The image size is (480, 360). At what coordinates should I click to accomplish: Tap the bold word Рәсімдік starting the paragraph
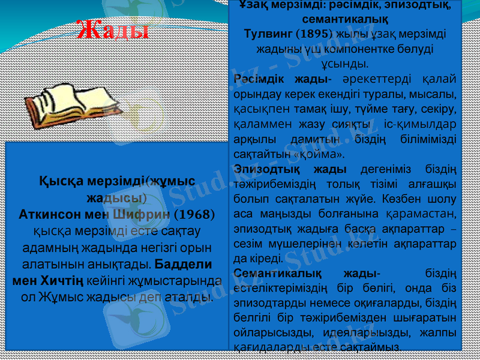click(x=257, y=79)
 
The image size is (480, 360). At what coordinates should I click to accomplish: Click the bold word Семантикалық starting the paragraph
click(x=272, y=274)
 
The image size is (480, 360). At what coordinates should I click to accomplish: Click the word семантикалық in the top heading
click(x=345, y=20)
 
